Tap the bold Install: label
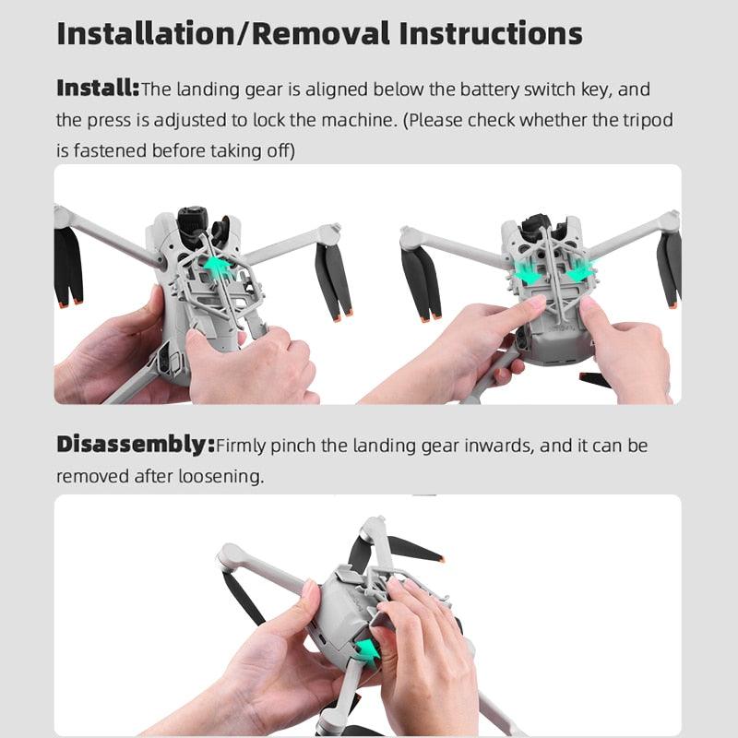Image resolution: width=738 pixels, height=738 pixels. click(x=97, y=89)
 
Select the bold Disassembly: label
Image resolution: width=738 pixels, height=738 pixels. click(x=135, y=445)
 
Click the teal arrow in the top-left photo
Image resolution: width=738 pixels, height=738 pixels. click(x=217, y=265)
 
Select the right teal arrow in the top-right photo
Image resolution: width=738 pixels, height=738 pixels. click(x=579, y=273)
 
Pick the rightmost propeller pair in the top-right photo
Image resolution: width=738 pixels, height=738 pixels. click(x=669, y=268)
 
